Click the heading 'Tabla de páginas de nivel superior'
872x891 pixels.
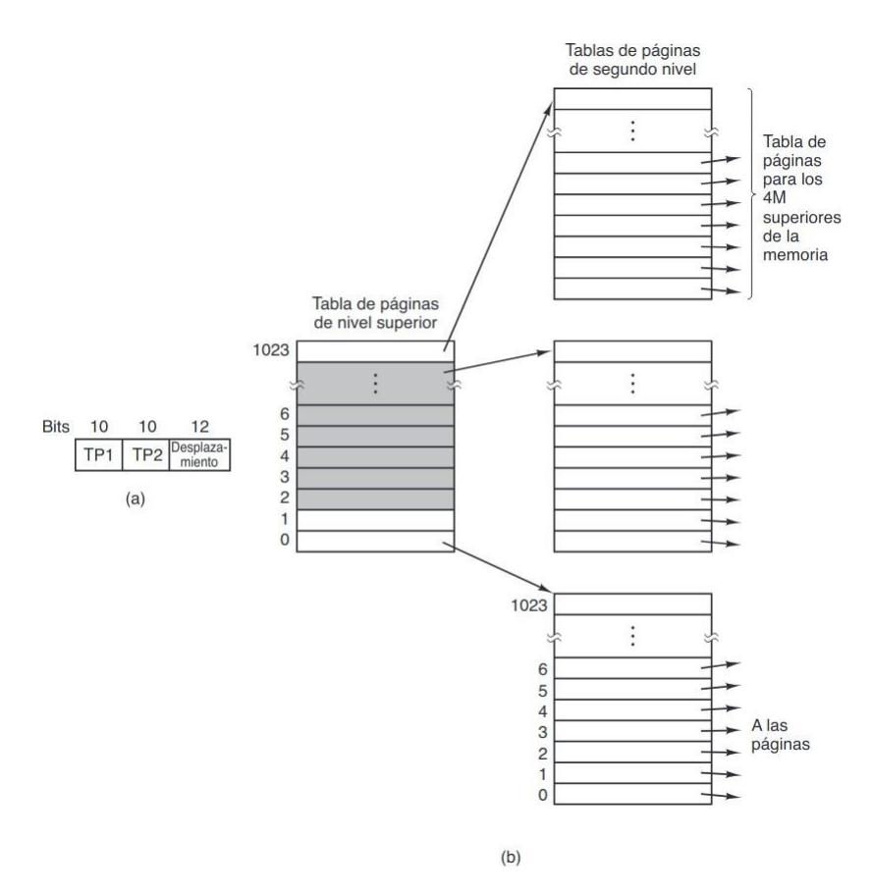pos(376,317)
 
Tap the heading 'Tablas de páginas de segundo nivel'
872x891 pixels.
pos(631,59)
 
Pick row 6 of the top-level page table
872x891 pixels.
pos(376,415)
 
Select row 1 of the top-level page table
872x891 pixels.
pos(376,519)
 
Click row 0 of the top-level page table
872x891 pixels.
pos(376,541)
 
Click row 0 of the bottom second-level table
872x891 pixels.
pos(631,793)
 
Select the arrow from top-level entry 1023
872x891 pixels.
pos(498,217)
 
